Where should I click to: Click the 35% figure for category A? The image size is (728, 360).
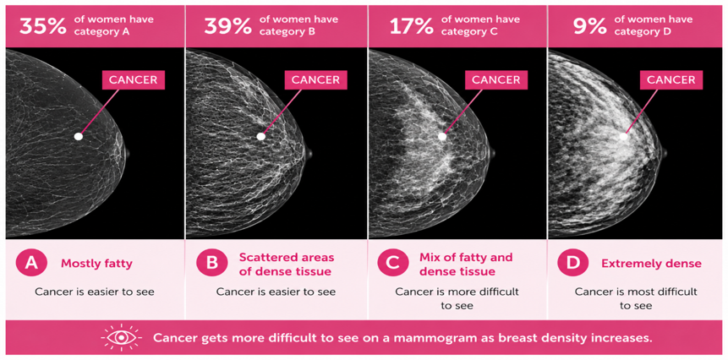pos(43,26)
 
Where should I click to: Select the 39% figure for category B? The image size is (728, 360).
pos(228,26)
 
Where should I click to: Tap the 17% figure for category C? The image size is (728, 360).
pos(411,26)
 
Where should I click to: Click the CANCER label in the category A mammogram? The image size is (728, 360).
pos(134,79)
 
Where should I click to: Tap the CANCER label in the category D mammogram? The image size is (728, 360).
pos(671,79)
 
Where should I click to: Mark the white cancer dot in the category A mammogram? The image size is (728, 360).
pos(79,136)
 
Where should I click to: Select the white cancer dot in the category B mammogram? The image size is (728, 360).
pos(261,136)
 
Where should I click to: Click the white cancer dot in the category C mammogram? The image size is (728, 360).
pos(442,136)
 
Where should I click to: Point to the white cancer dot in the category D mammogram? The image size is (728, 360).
pos(623,136)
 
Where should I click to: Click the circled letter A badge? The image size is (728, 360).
pos(31,264)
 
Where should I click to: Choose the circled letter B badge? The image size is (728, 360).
pos(211,264)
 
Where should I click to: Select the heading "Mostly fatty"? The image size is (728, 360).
pos(96,264)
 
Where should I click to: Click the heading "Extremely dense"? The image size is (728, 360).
pos(651,264)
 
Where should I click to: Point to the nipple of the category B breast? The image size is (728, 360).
pos(309,154)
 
